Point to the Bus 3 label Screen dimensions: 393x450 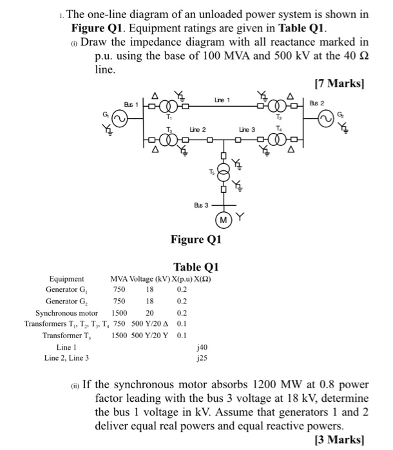[201, 205]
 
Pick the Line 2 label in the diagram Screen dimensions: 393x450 [197, 130]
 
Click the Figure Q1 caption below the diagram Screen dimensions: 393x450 [196, 240]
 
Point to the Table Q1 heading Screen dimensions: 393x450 [196, 267]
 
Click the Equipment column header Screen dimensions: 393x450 [66, 278]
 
